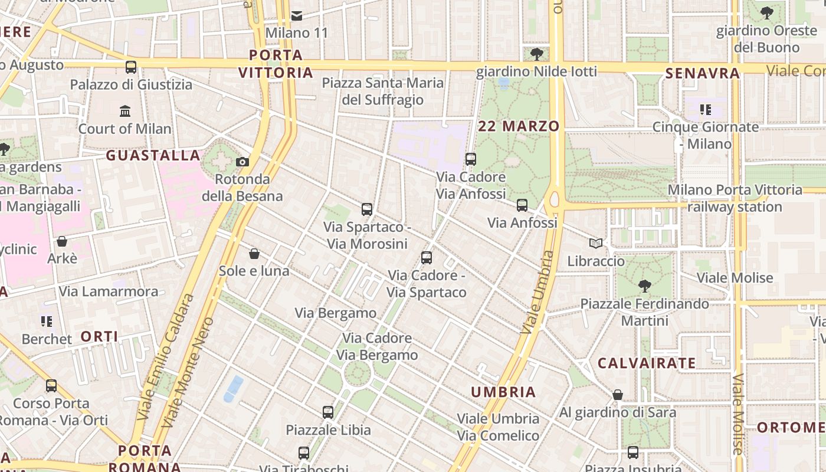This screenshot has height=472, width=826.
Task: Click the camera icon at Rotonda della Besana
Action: pyautogui.click(x=242, y=162)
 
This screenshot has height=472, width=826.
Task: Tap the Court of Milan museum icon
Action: pyautogui.click(x=125, y=111)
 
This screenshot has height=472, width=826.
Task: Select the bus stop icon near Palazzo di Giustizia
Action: pyautogui.click(x=131, y=67)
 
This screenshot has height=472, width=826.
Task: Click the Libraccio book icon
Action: pyautogui.click(x=596, y=243)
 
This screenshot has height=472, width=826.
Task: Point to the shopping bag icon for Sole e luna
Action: pyautogui.click(x=254, y=254)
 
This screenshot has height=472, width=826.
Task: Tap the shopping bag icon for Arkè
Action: pyautogui.click(x=62, y=241)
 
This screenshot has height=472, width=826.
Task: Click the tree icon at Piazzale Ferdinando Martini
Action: pyautogui.click(x=644, y=286)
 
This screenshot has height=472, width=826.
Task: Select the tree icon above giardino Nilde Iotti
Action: pyautogui.click(x=536, y=54)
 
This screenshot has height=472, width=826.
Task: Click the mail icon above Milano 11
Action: pyautogui.click(x=297, y=15)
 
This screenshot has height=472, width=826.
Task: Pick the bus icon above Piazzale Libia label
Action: pyautogui.click(x=328, y=412)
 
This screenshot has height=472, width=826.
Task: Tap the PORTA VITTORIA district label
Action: pyautogui.click(x=276, y=64)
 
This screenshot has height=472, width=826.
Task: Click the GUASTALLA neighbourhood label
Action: pyautogui.click(x=153, y=155)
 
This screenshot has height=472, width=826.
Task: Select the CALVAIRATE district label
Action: pyautogui.click(x=647, y=363)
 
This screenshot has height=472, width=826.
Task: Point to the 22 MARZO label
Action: pyautogui.click(x=519, y=126)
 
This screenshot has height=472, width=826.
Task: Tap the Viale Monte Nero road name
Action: pyautogui.click(x=188, y=373)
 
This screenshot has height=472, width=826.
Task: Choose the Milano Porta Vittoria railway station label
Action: pyautogui.click(x=735, y=198)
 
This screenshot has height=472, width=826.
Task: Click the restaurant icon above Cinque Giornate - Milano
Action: pyautogui.click(x=705, y=110)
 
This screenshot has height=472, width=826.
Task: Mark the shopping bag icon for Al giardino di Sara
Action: pyautogui.click(x=618, y=395)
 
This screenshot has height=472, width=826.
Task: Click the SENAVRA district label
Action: pyautogui.click(x=702, y=73)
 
